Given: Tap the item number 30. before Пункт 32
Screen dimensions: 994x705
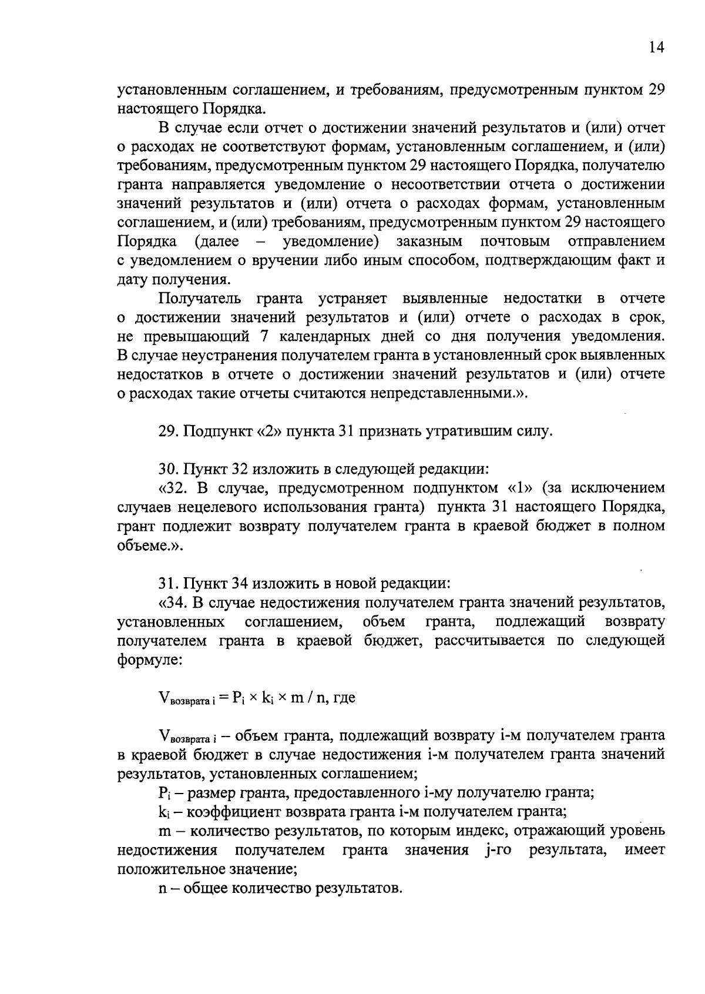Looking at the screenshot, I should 169,469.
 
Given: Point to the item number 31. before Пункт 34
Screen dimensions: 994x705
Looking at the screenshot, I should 169,584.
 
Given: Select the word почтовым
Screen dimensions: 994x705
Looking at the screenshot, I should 515,242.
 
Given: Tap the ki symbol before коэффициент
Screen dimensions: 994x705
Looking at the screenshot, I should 164,812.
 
